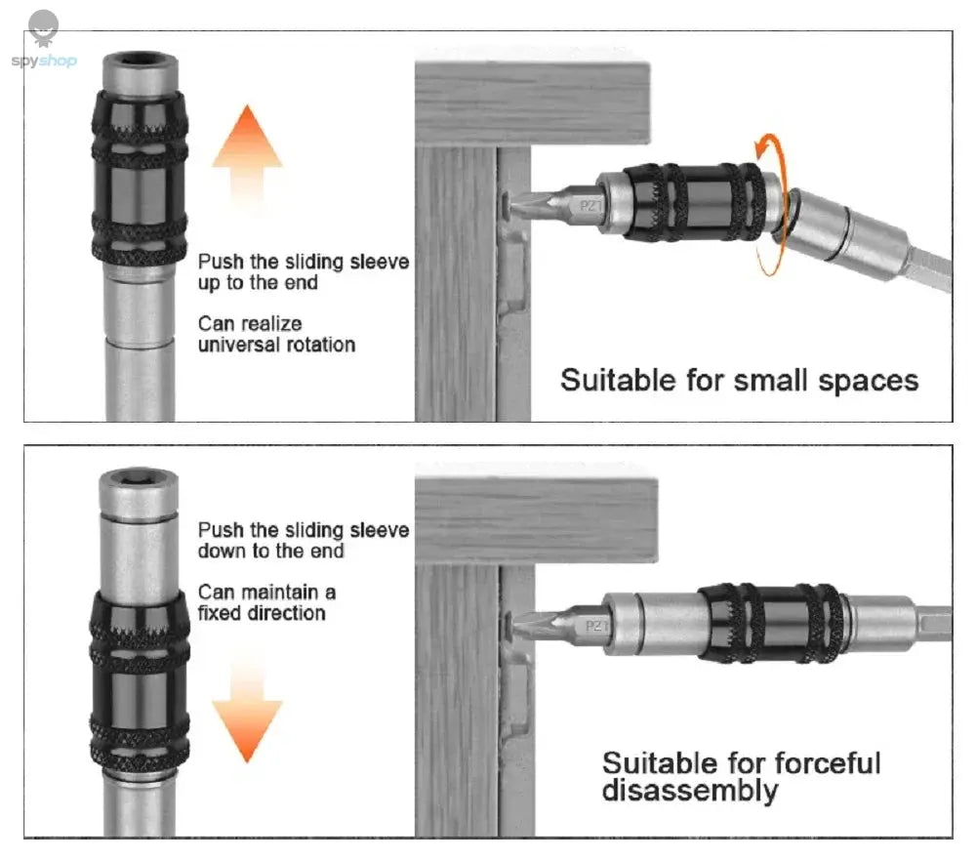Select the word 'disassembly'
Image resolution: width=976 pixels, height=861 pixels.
689,790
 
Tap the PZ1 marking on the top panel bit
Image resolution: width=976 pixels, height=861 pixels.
590,206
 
